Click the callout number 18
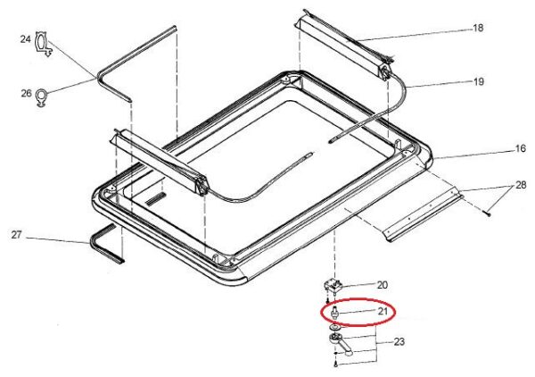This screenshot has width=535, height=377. point(478,28)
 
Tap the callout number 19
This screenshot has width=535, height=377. point(478,81)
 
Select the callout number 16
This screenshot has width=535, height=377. point(521,148)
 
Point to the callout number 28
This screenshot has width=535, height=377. point(521,185)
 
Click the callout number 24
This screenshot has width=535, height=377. point(25,39)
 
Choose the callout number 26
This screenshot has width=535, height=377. point(26,93)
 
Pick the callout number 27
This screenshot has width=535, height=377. point(16,235)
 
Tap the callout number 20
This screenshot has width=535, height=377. point(383,285)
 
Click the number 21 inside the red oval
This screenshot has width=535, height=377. point(383,311)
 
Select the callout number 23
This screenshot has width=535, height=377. point(399,341)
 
